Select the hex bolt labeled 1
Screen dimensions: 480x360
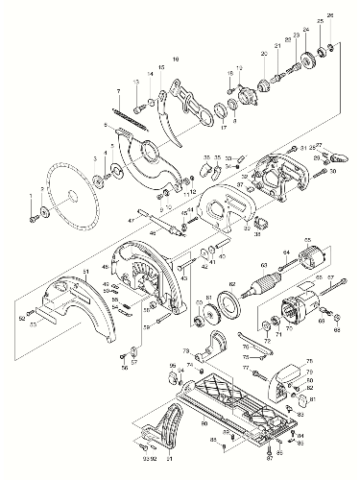pyautogui.click(x=36, y=218)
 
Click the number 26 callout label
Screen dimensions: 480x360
pyautogui.click(x=331, y=16)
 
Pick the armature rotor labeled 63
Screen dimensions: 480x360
pyautogui.click(x=260, y=287)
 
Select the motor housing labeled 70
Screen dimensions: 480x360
pyautogui.click(x=298, y=313)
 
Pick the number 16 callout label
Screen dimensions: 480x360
pyautogui.click(x=176, y=60)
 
